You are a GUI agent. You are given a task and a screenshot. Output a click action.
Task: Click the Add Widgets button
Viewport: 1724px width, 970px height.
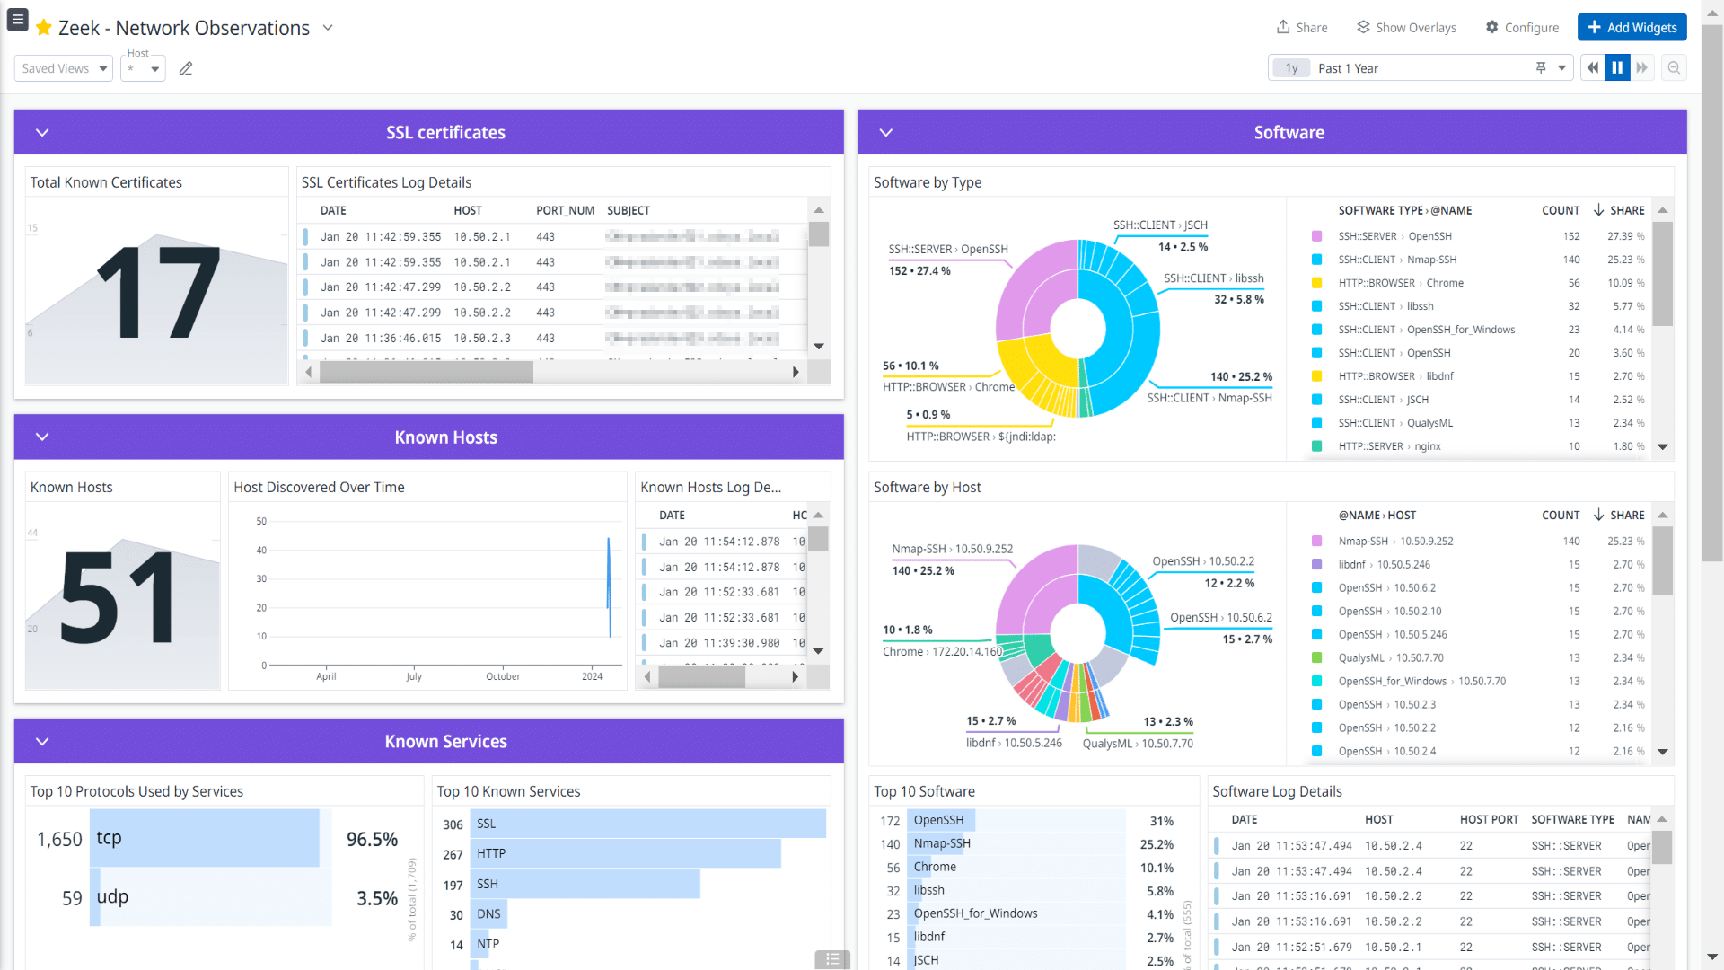[x=1632, y=27]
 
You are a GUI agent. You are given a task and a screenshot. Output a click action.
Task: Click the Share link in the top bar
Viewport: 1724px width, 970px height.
[x=1302, y=28]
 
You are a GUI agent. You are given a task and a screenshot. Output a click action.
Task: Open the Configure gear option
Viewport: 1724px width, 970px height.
[x=1522, y=28]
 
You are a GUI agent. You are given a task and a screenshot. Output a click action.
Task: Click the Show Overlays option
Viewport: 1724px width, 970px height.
[x=1406, y=28]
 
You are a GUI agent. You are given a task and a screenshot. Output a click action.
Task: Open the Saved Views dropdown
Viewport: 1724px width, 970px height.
[x=63, y=68]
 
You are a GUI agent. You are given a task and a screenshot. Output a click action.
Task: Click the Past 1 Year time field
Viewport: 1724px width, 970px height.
[x=1419, y=68]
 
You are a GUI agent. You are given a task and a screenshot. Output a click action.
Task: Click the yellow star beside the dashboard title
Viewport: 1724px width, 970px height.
[x=43, y=28]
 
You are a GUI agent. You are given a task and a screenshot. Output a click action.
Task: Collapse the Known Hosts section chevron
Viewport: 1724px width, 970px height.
[x=42, y=436]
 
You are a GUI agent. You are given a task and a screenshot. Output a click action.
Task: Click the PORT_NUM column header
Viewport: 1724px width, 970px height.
[x=565, y=210]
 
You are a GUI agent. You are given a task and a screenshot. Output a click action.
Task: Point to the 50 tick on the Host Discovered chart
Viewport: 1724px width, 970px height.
[x=261, y=521]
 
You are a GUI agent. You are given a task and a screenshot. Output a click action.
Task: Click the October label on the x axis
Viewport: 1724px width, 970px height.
[x=503, y=676]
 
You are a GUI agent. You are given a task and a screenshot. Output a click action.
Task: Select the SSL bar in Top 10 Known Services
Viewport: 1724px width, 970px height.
[x=646, y=824]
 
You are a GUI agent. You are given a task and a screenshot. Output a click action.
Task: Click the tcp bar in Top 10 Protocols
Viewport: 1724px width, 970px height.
[x=205, y=838]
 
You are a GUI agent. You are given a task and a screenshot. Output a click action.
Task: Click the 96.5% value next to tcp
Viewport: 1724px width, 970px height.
[x=372, y=839]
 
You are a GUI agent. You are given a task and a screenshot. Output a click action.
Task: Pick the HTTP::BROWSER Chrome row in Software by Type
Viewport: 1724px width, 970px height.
[x=1445, y=283]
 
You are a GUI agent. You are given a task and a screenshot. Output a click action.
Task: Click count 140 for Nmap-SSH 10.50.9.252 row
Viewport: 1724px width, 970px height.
[x=1570, y=542]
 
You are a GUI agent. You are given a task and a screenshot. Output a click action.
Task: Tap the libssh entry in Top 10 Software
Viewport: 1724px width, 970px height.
[x=928, y=890]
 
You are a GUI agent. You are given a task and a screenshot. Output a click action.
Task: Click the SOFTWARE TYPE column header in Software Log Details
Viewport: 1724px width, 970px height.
[x=1572, y=819]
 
